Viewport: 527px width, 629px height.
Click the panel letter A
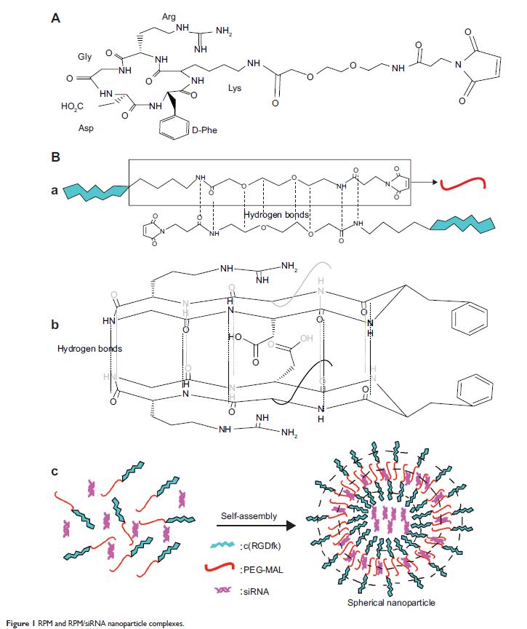[55, 19]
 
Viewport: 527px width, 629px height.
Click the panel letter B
[55, 157]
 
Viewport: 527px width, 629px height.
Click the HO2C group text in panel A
[74, 107]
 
